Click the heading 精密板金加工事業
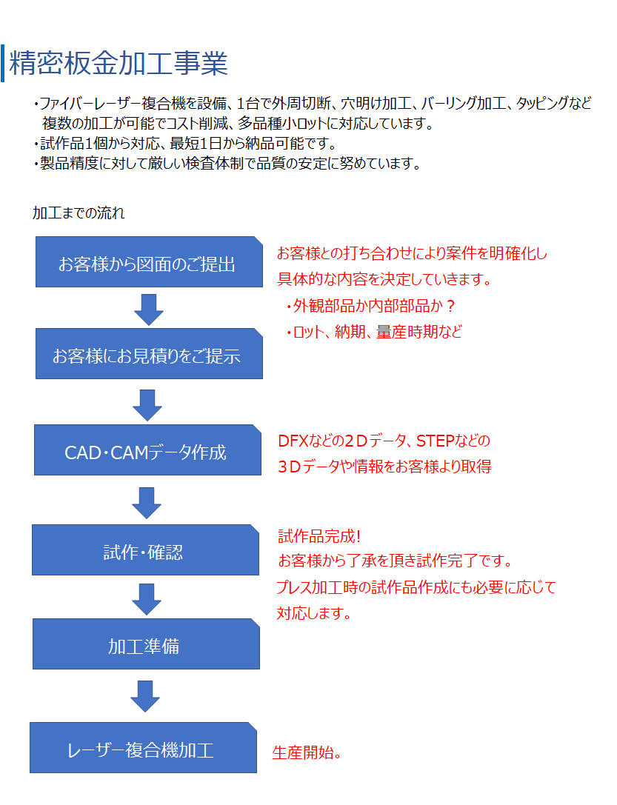point(119,64)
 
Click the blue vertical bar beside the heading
point(3,64)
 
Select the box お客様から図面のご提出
point(149,262)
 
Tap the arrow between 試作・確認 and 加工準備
point(146,598)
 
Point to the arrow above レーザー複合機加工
point(144,695)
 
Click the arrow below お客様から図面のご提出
point(149,309)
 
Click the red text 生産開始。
point(307,753)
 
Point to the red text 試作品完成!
point(319,535)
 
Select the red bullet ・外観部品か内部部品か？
point(370,306)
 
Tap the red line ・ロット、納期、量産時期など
point(373,332)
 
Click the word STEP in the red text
point(436,441)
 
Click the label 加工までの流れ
point(79,213)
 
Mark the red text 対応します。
point(313,613)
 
